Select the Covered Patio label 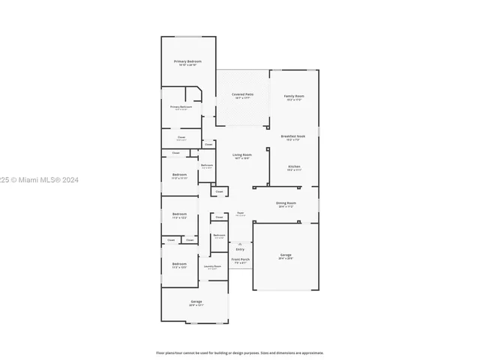(x=243, y=96)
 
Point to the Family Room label (x=293, y=97)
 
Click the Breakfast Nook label (x=293, y=137)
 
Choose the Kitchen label (x=294, y=167)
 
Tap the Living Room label (x=241, y=156)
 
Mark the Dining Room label (x=286, y=204)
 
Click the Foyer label (x=240, y=214)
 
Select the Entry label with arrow (x=240, y=250)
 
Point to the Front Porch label (x=240, y=260)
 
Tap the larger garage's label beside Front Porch (x=286, y=256)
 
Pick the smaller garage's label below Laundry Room (x=196, y=303)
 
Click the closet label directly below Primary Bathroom (x=181, y=138)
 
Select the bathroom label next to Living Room (x=207, y=166)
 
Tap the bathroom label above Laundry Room (x=219, y=236)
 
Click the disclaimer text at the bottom (x=240, y=352)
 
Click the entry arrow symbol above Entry (x=240, y=244)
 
